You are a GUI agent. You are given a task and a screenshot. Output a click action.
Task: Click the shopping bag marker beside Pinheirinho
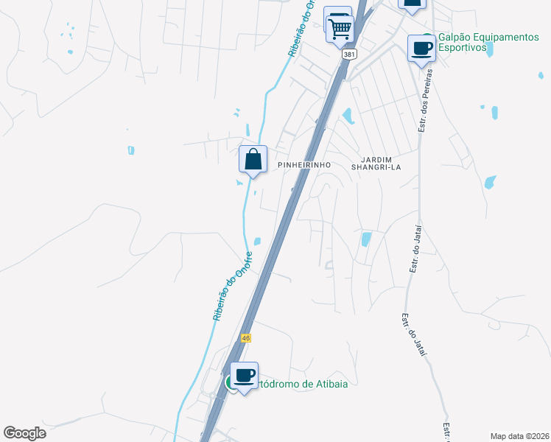point(253,159)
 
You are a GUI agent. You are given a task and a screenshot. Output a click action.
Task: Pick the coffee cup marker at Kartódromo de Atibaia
point(245,376)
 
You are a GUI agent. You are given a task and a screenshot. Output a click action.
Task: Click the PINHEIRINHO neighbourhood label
point(301,166)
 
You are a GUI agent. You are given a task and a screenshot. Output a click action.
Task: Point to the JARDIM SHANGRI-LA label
point(381,163)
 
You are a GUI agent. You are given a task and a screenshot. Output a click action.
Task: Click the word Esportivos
point(463,48)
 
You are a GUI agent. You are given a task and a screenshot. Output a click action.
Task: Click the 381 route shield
point(349,55)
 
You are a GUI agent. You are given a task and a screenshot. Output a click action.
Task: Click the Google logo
point(25,433)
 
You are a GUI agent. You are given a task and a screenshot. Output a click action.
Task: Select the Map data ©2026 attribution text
point(519,435)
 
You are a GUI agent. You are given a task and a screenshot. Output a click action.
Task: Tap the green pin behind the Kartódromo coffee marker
point(230,382)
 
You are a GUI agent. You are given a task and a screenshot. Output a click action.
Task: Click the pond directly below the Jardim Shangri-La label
point(366,239)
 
